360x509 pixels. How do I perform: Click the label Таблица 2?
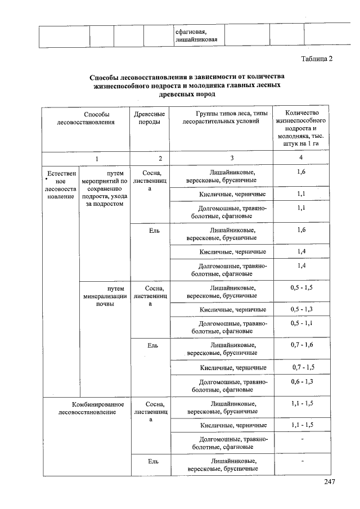(x=317, y=60)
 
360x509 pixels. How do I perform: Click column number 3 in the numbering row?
(x=232, y=158)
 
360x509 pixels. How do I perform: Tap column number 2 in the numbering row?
(x=160, y=159)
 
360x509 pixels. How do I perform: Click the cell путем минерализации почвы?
(x=104, y=296)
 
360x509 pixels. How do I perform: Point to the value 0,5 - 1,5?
(x=301, y=287)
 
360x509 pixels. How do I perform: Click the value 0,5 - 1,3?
(x=301, y=309)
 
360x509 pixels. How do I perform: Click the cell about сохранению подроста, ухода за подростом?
(x=104, y=188)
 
